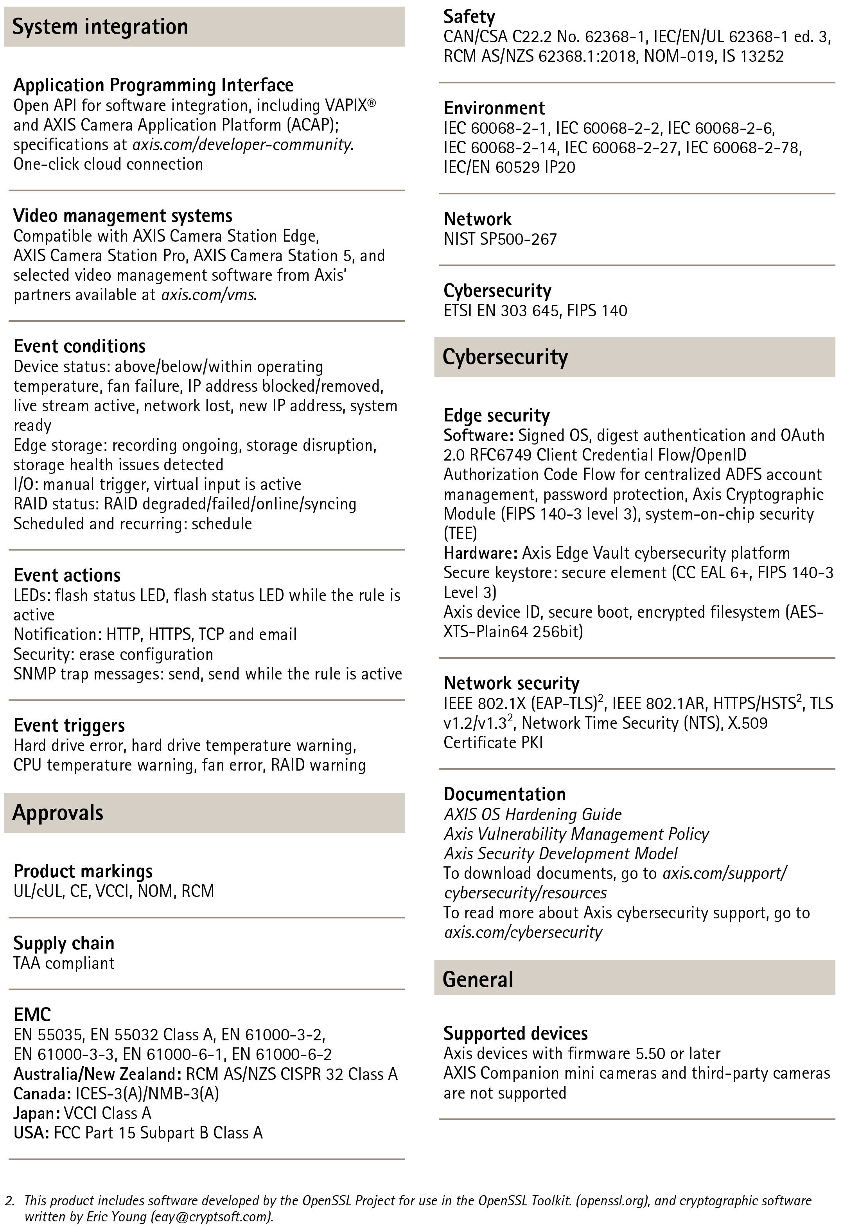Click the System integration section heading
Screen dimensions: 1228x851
tap(100, 27)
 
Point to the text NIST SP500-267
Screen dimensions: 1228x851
tap(500, 239)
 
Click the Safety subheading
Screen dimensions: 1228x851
tap(469, 17)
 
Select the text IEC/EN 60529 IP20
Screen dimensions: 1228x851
tap(509, 167)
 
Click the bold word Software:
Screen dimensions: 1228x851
tap(478, 436)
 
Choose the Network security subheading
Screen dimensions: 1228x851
tap(512, 683)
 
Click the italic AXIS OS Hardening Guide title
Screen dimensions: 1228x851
tap(533, 814)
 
